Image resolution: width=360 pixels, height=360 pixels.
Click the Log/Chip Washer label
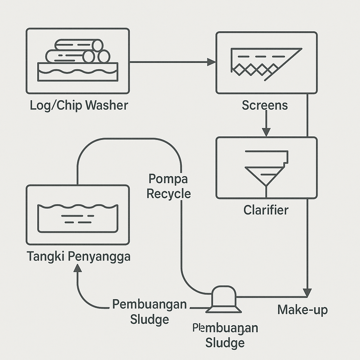pos(79,105)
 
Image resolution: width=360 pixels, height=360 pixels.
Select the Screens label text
pos(265,105)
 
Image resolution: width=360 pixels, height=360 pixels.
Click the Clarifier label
pos(266,210)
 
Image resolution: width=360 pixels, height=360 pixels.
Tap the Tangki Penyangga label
pos(78,256)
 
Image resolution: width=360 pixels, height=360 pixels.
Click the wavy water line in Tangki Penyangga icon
pos(78,206)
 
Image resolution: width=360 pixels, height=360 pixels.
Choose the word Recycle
pos(169,194)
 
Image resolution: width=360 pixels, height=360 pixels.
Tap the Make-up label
pos(302,310)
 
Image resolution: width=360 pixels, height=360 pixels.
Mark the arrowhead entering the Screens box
pos(211,62)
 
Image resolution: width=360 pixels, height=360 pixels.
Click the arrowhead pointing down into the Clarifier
pos(266,132)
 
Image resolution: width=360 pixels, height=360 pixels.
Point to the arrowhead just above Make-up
pos(307,292)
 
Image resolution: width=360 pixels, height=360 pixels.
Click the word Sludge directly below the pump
pos(225,342)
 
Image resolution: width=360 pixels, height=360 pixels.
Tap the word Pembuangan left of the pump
pos(149,304)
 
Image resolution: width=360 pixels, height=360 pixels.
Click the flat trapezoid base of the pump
pos(224,309)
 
